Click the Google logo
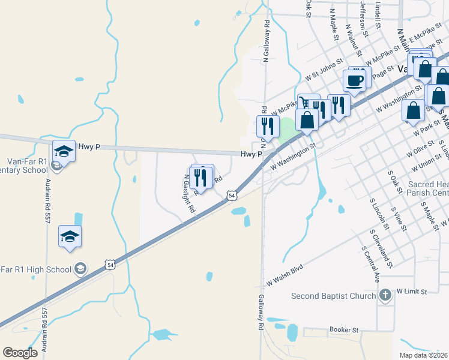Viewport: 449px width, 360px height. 20,353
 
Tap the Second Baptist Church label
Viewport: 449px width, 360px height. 333,296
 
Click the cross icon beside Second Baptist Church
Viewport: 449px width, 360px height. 385,295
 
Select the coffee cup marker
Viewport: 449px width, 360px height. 354,80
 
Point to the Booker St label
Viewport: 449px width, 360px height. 344,330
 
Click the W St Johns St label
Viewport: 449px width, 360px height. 323,70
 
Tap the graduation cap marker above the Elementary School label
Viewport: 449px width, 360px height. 64,151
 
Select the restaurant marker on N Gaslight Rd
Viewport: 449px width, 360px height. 201,177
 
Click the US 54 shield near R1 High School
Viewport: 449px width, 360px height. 109,265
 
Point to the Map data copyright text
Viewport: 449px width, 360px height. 424,355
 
